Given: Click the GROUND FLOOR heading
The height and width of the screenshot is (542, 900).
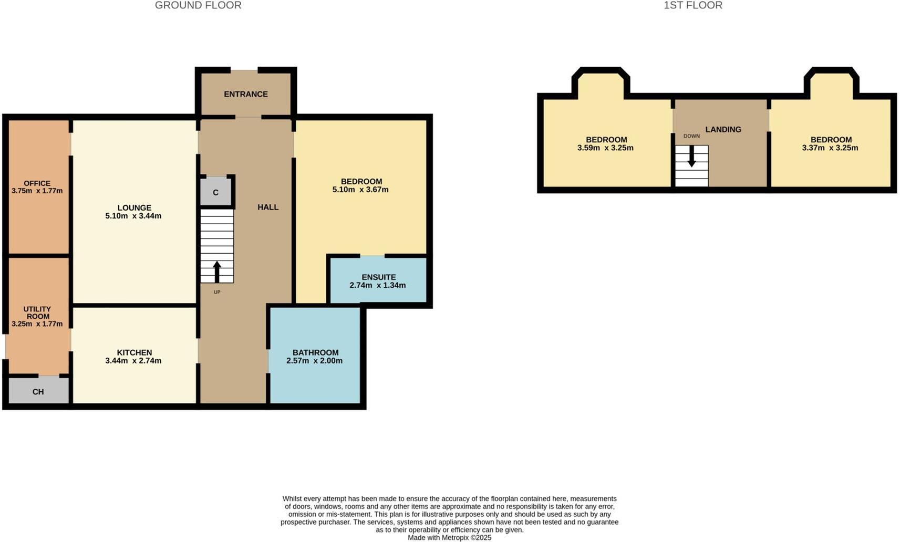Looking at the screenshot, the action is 198,5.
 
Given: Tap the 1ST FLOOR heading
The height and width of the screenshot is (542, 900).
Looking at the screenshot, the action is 693,5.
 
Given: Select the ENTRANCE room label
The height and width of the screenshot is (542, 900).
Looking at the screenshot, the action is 246,94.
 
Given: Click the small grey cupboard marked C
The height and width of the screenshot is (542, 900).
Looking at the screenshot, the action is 216,192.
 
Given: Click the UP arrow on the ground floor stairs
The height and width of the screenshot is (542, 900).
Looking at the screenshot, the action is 217,272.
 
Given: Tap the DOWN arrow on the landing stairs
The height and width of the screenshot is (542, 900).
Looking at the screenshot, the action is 691,156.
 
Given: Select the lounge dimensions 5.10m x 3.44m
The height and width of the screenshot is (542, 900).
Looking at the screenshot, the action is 133,216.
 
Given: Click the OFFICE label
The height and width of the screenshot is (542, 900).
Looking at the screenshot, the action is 37,183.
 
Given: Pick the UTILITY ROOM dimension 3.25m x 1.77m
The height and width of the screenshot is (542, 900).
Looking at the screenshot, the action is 37,324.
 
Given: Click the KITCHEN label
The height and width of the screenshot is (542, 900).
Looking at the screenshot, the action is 135,353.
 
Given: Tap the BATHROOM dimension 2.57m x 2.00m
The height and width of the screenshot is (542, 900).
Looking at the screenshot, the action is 315,361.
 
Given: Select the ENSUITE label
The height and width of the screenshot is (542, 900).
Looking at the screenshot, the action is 379,277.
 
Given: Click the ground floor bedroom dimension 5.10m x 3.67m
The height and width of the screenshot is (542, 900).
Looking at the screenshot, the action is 360,190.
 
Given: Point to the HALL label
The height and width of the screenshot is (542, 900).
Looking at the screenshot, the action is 268,207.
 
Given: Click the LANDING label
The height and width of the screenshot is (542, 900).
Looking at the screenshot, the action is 723,129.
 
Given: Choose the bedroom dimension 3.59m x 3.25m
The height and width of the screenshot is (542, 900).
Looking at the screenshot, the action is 605,148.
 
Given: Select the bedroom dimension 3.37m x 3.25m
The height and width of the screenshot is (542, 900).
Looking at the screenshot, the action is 830,148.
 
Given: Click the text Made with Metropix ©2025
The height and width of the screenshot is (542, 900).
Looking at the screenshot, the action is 450,538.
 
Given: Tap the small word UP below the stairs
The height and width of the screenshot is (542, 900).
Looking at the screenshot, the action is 217,292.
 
